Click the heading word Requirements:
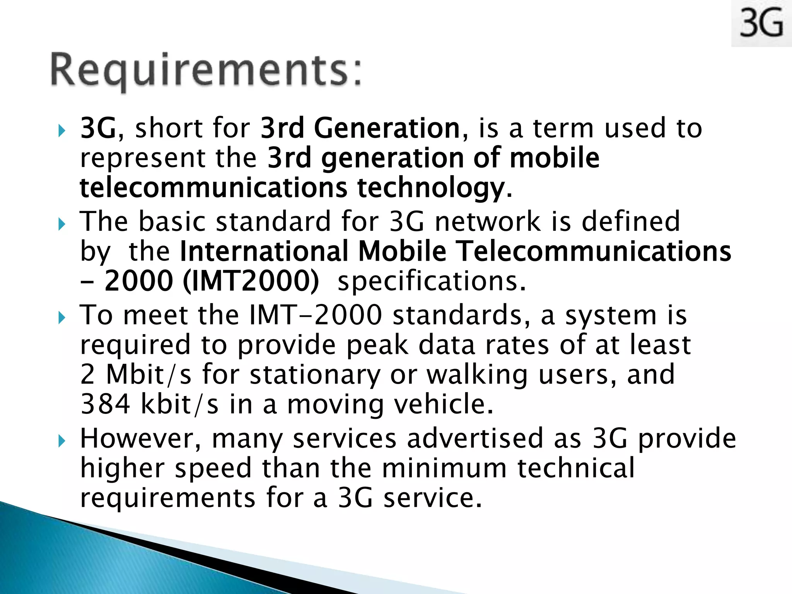207,70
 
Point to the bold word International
265,251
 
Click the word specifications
432,282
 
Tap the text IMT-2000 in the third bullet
316,315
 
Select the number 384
105,404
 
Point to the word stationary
315,374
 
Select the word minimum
444,468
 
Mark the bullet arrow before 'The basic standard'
62,224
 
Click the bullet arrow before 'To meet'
62,318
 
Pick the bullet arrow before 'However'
62,441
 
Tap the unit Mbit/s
148,374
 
